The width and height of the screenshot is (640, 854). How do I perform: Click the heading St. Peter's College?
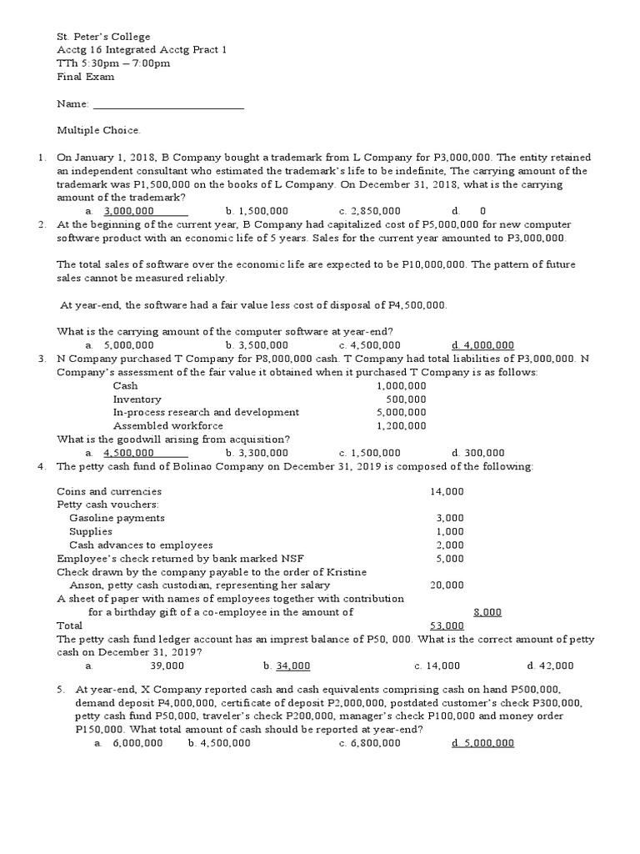coord(103,37)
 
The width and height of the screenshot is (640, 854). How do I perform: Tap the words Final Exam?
coord(85,77)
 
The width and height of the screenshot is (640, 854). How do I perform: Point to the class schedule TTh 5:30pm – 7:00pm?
coord(113,63)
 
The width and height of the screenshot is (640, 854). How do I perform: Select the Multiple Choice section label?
coord(98,130)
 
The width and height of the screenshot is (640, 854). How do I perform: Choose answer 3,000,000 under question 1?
coord(129,211)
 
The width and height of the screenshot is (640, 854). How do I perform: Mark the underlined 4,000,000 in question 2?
coord(482,344)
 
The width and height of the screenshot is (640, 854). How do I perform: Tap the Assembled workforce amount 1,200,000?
coord(401,425)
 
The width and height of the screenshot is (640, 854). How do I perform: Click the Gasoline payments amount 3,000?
coord(450,518)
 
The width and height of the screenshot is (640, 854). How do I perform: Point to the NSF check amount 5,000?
coord(450,558)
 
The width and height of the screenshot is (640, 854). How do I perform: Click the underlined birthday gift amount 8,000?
coord(487,611)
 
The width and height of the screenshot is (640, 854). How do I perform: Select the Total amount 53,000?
coord(447,625)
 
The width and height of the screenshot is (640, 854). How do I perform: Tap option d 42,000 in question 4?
coord(550,666)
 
